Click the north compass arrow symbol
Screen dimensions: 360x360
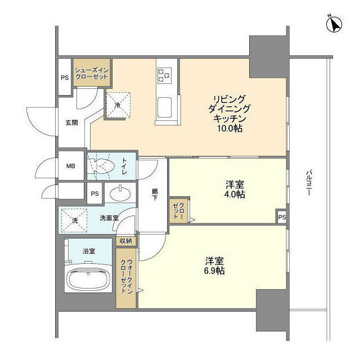[335, 25]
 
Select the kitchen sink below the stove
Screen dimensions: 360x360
[165, 106]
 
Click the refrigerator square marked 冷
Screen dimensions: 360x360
[118, 103]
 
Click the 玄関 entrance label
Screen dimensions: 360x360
[71, 123]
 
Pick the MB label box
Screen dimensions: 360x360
[71, 166]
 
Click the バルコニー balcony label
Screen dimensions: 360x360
[309, 183]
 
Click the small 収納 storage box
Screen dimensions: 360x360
[125, 240]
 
